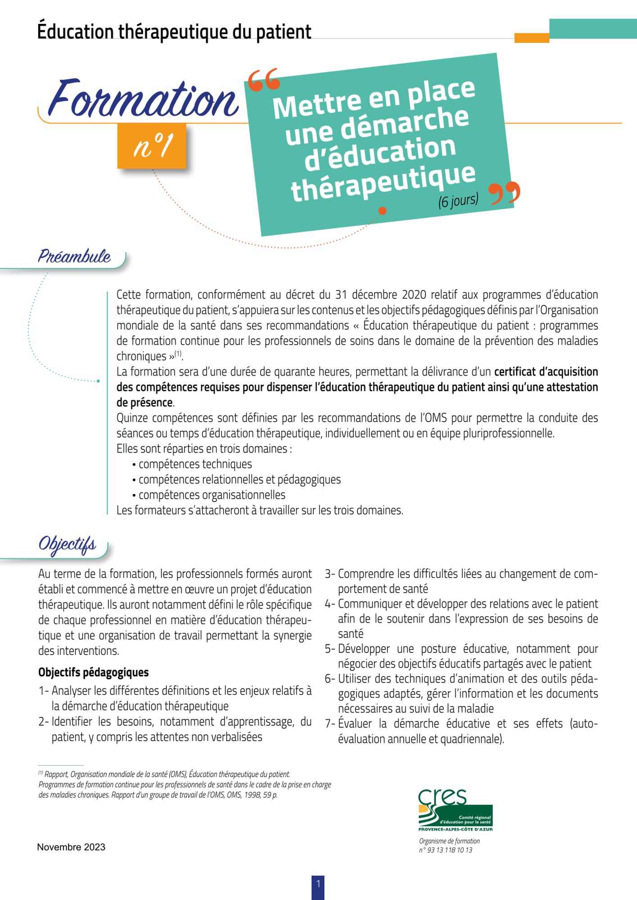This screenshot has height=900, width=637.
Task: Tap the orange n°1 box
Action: coord(152,146)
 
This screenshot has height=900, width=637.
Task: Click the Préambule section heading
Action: coord(74,256)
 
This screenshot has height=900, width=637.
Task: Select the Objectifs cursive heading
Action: coord(67,544)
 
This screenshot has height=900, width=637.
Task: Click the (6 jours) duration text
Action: coord(458,200)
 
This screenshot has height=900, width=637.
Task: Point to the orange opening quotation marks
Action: coord(264,80)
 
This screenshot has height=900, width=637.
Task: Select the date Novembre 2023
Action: coord(71,847)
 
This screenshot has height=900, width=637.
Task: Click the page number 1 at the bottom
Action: coord(318,884)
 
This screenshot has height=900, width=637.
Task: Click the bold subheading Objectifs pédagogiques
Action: coord(93,672)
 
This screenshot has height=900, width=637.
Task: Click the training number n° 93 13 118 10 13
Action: coord(445,850)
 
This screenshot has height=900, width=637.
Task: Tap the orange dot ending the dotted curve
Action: coord(382,211)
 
